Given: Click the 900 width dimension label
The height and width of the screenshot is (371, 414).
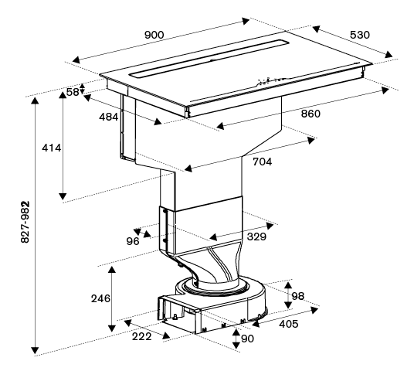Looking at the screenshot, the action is [x=154, y=35].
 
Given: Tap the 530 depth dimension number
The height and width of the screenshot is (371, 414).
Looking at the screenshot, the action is [x=360, y=35].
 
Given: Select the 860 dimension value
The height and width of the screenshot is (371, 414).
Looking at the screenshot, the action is [x=310, y=114].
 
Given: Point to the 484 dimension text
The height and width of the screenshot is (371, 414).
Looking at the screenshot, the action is [x=108, y=117].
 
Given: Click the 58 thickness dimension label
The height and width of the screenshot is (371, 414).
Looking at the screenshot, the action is [x=73, y=92].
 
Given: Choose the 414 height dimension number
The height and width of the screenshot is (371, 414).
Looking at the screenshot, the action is [x=52, y=148].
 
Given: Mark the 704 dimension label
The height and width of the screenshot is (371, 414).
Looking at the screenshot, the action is [x=262, y=162].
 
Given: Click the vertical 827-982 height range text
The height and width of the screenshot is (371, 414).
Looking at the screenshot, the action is [x=25, y=222].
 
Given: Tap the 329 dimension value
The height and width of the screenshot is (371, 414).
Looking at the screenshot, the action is [x=256, y=237].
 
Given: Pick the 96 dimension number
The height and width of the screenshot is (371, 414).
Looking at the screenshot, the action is [x=133, y=241].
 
